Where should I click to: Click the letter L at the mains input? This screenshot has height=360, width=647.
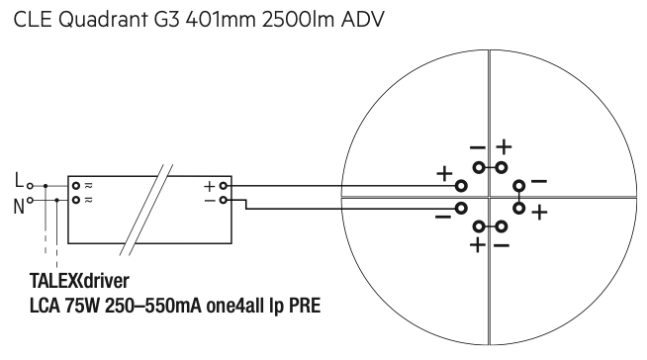[x=19, y=180]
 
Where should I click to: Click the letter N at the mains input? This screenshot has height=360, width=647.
[x=19, y=207]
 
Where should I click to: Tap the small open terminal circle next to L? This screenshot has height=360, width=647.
[x=30, y=186]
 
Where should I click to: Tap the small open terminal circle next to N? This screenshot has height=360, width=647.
[x=30, y=201]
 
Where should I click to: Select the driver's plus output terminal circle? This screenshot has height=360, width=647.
[x=224, y=186]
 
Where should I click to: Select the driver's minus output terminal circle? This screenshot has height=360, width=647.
[x=224, y=200]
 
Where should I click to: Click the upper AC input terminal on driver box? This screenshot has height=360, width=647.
[x=76, y=186]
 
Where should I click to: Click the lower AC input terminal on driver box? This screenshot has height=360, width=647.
[x=76, y=200]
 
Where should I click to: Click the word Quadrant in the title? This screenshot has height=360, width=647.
[x=103, y=20]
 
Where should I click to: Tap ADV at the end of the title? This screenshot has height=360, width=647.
[x=363, y=20]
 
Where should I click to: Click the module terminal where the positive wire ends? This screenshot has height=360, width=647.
[x=461, y=186]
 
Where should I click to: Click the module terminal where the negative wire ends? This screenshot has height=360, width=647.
[x=461, y=209]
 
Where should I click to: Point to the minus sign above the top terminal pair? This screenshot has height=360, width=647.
[x=478, y=147]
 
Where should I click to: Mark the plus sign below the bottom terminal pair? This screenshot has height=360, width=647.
[x=478, y=245]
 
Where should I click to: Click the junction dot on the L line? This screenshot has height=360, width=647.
[x=46, y=186]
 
